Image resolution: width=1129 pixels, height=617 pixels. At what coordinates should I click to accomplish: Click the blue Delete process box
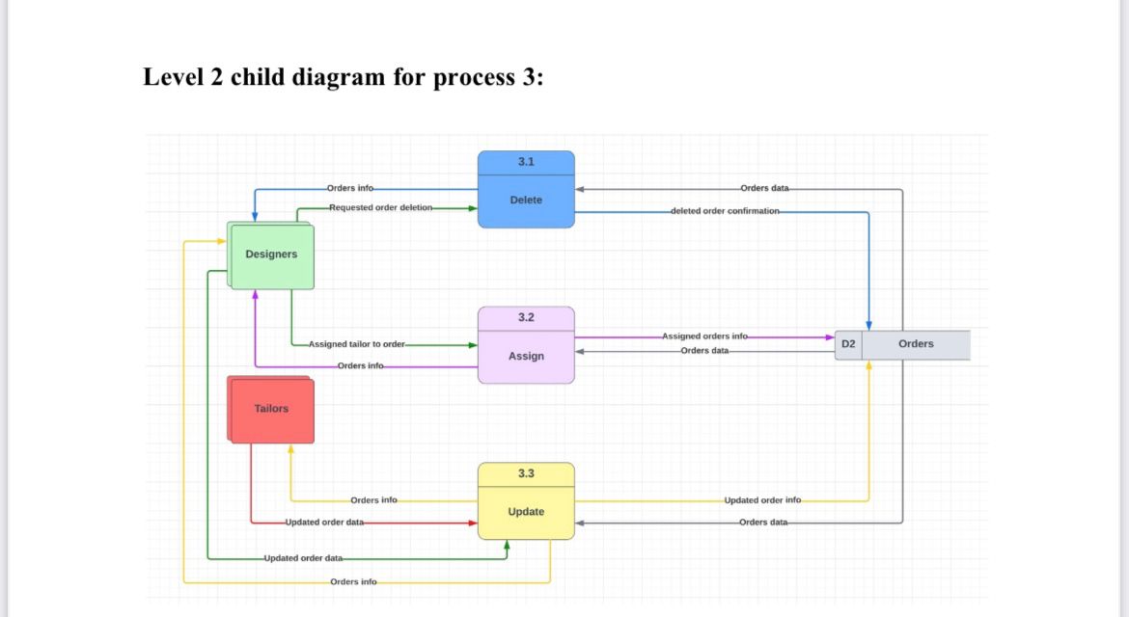point(526,201)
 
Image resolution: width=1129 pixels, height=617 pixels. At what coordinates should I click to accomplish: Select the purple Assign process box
point(526,357)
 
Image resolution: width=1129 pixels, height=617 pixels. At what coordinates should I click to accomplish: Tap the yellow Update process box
point(526,512)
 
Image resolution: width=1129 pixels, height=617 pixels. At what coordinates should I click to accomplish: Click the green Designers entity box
point(271,255)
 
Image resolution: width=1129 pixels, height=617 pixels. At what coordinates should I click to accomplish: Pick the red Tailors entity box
point(271,409)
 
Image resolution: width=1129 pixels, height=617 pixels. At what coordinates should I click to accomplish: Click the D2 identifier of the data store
point(848,344)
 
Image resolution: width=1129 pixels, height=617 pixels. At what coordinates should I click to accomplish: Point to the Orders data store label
point(916,344)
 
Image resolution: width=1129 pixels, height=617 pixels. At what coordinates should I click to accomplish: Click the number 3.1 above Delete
point(526,162)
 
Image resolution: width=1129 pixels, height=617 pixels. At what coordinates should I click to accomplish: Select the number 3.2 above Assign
point(526,317)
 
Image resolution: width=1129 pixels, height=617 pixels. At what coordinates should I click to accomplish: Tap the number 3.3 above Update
point(526,473)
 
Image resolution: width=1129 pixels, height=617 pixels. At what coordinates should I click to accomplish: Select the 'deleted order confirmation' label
point(724,210)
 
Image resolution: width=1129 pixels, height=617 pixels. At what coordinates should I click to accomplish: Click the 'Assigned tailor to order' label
point(357,344)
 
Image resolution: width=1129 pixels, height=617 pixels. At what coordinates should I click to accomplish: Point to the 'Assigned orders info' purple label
point(704,336)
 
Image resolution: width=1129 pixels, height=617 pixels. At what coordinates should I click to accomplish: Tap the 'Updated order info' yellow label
point(762,500)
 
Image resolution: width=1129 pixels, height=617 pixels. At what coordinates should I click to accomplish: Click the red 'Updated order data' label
point(324,522)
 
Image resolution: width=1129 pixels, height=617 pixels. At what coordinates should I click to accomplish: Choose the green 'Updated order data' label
point(303,558)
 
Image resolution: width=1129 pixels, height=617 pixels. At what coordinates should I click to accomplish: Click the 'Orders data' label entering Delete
point(764,188)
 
